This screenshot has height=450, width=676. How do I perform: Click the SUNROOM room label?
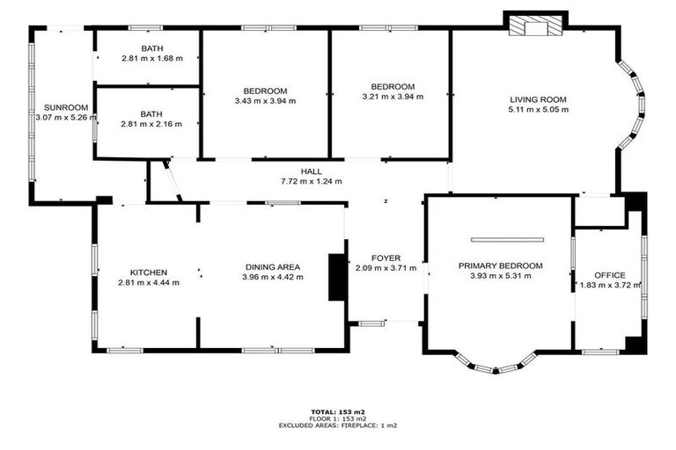pos(47,106)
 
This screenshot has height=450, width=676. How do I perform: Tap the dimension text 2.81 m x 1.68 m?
pos(151,58)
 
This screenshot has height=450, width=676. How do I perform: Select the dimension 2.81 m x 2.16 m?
pos(151,125)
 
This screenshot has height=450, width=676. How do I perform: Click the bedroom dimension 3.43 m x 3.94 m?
pos(265,101)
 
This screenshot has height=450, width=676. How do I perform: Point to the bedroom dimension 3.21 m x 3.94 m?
pos(393,97)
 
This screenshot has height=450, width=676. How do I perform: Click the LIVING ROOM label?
pos(538,99)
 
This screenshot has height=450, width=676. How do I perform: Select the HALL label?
pos(312,171)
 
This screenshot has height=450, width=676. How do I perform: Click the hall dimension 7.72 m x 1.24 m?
pos(312,181)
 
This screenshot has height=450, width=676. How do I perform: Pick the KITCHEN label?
pos(148,272)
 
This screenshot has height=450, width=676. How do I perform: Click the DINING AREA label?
pos(272,267)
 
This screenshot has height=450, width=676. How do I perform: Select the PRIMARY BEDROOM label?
pos(500,265)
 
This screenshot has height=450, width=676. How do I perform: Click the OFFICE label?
pos(609,276)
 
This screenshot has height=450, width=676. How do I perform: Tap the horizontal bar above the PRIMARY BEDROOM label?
pos(508,239)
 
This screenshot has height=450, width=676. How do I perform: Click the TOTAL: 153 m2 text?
pos(338,411)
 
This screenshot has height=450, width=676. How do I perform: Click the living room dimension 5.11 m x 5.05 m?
pos(538,110)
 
